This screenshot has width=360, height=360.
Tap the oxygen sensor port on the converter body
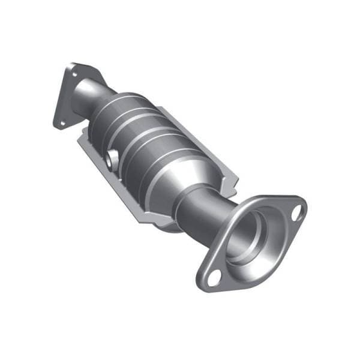[x=111, y=159]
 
